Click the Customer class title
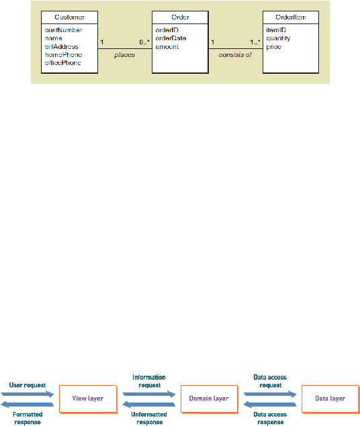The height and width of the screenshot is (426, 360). pos(69,17)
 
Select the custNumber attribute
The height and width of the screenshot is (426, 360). pos(63,30)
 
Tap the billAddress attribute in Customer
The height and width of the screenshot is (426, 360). pos(62,46)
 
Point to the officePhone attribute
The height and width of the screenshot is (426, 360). pos(63,63)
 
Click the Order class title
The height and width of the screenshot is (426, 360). pos(180,17)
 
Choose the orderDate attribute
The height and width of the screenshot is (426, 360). pos(171,38)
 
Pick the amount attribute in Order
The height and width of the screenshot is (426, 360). pos(167,47)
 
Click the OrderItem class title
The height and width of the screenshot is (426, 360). pos(291,17)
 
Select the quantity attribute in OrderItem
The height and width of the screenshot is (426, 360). pos(278,38)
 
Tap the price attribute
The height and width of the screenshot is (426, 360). pos(273,47)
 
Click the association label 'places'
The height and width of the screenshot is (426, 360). pos(124,55)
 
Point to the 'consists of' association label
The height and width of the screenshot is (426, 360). pos(235,55)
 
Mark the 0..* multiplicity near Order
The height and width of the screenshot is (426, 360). pos(144,42)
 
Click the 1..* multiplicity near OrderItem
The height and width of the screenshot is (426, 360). pos(255,42)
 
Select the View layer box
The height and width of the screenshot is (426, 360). pos(88,399)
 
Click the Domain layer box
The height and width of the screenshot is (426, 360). pos(210,399)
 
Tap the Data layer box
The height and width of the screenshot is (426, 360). pos(330,399)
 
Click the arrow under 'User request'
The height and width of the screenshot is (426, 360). pos(28,394)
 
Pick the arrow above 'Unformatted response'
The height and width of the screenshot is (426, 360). pos(149,405)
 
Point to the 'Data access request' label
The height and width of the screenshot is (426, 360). pos(270,381)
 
